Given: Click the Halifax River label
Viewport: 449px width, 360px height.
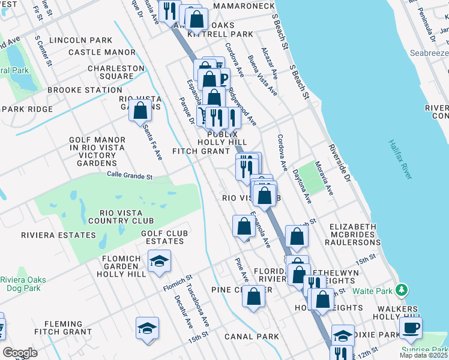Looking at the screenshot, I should [400, 159].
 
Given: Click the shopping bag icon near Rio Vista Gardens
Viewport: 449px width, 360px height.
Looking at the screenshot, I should [140, 110].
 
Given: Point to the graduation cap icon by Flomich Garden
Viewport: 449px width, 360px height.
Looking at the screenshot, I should [159, 261].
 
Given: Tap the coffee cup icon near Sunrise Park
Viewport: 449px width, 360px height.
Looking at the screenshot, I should [411, 327].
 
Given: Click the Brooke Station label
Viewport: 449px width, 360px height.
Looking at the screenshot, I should [85, 90].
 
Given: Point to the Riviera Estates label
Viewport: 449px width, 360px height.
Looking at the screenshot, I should [50, 235].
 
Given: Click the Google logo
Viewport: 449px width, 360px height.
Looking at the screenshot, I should [20, 352].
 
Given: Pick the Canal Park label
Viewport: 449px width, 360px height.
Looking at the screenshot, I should [252, 337].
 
